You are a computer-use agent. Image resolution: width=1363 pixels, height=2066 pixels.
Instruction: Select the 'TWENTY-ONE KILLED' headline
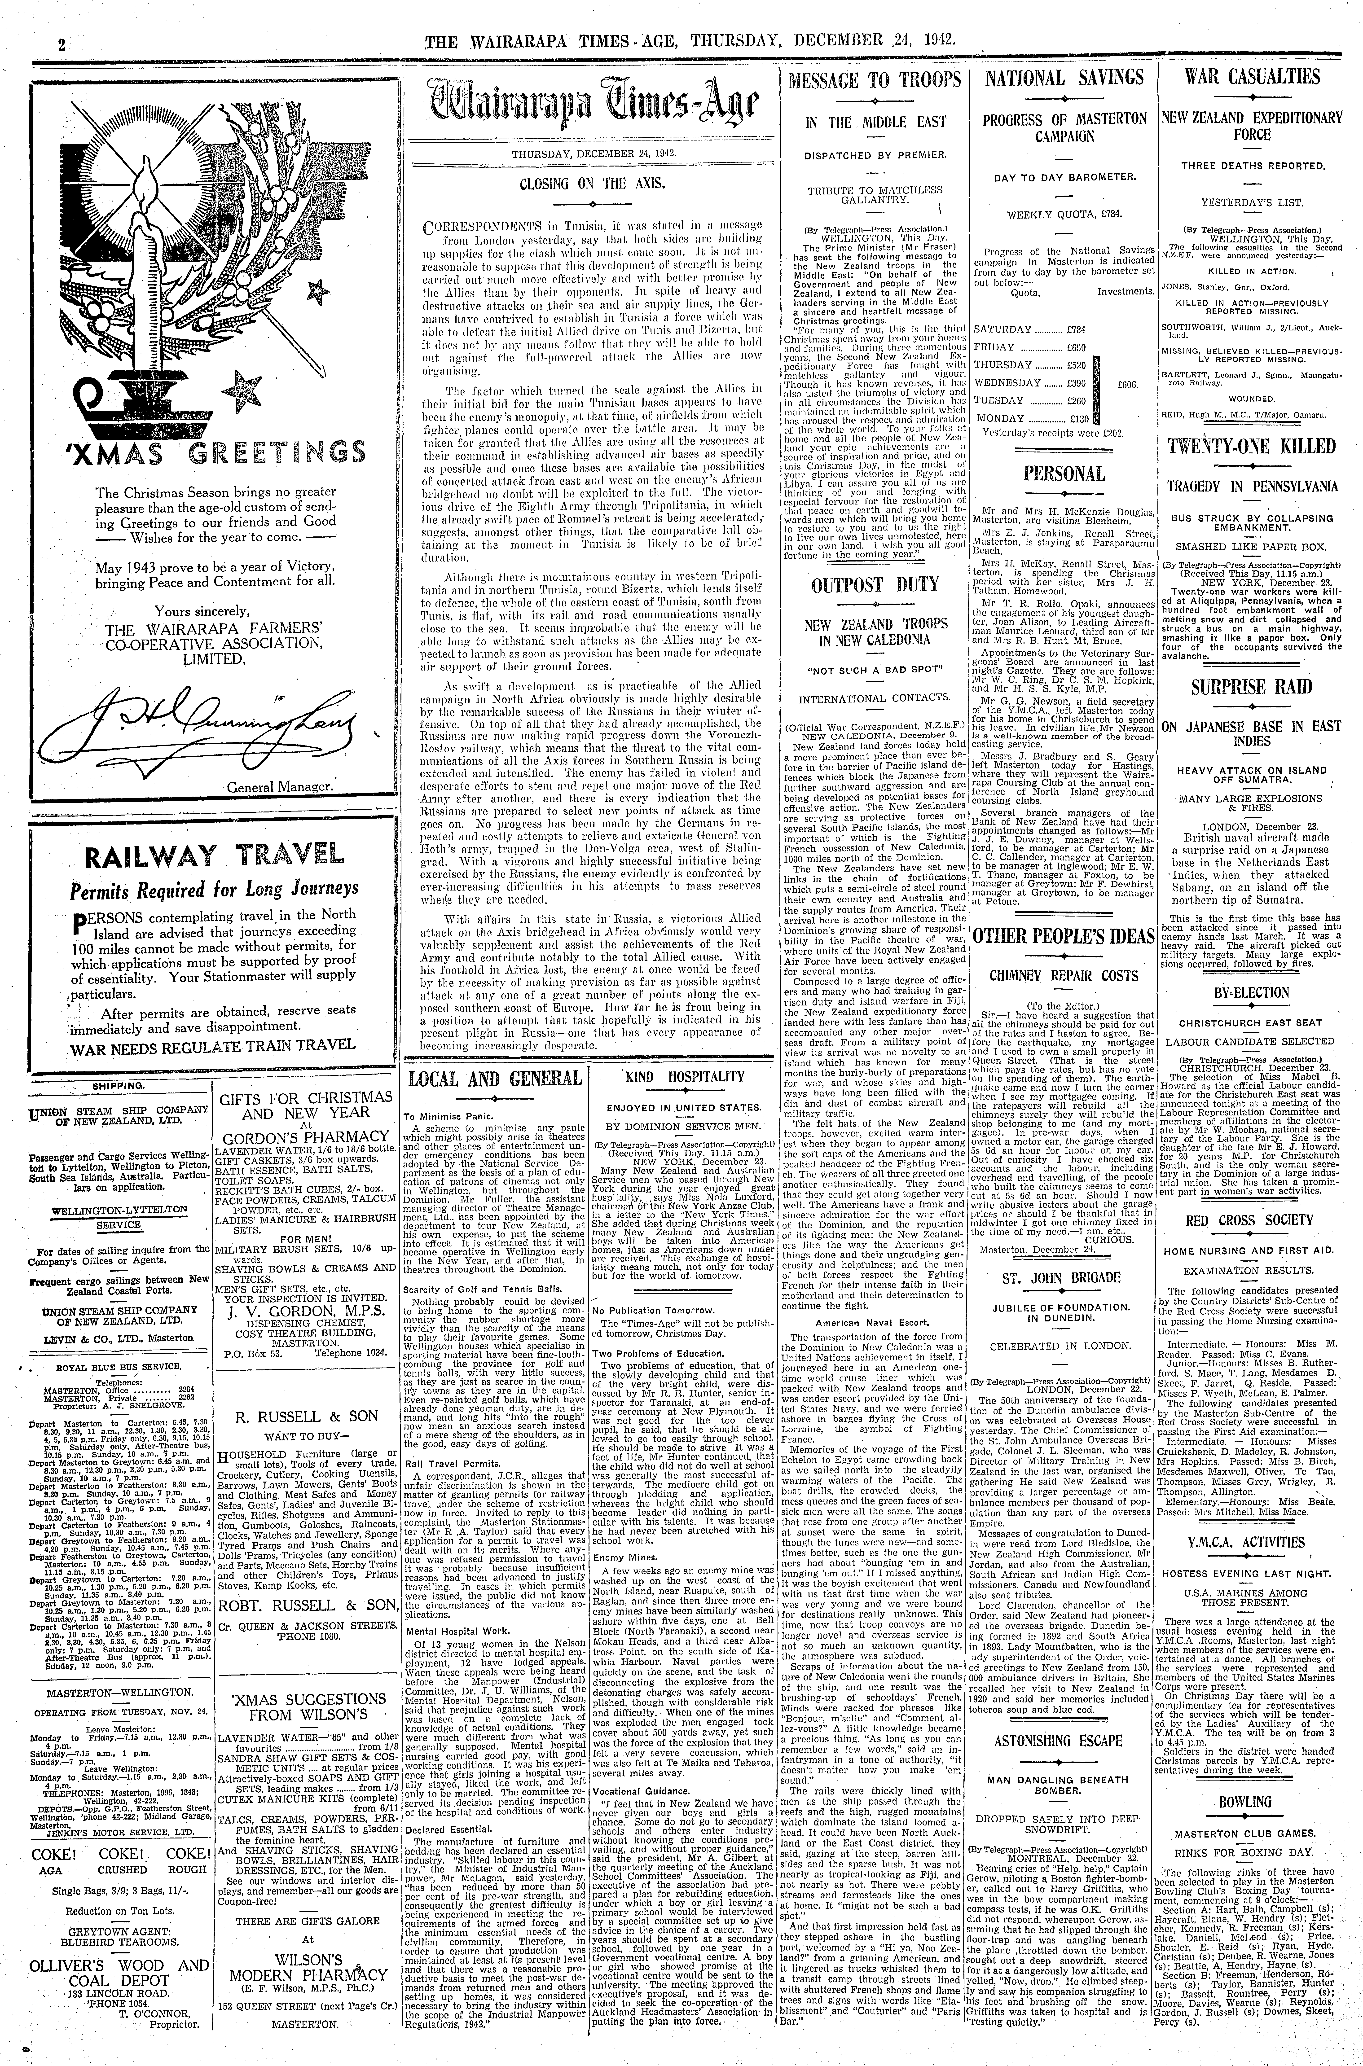tap(1252, 447)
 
